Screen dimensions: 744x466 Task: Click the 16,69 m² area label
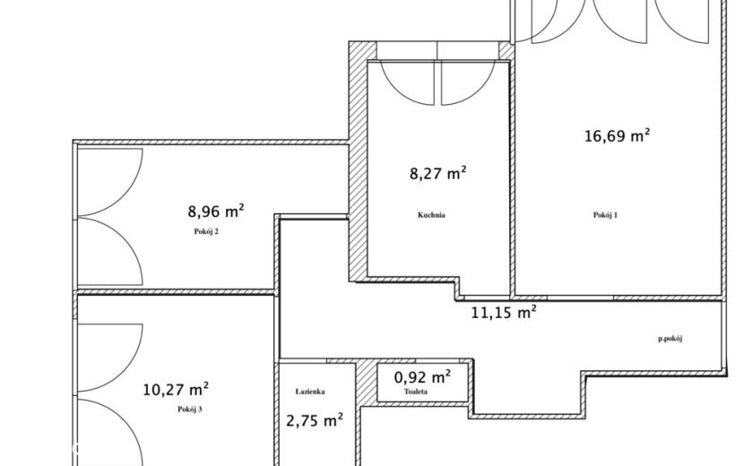617,135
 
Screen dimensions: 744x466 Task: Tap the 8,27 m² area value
438,173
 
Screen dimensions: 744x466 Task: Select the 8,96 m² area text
216,211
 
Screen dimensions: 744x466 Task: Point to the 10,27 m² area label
176,390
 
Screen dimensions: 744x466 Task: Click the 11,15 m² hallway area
504,312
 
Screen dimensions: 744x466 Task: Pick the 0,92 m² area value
422,377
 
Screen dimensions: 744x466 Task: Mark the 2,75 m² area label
315,420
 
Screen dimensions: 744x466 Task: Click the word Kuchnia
431,215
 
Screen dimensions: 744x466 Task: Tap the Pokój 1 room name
605,215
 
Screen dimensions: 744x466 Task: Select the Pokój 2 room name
206,231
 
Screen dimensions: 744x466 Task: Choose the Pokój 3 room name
190,409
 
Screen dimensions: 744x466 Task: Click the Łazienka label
310,392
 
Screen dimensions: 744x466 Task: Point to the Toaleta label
416,392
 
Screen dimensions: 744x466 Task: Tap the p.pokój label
670,339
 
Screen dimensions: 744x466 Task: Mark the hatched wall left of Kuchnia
359,161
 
